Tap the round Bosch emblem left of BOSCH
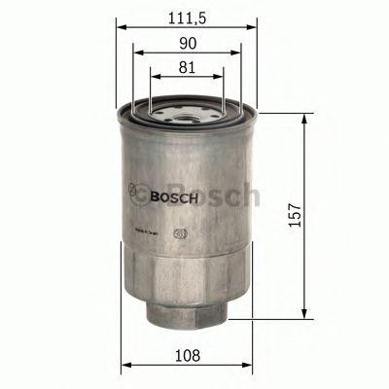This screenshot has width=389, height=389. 138,191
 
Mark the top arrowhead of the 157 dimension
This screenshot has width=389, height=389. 309,117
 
